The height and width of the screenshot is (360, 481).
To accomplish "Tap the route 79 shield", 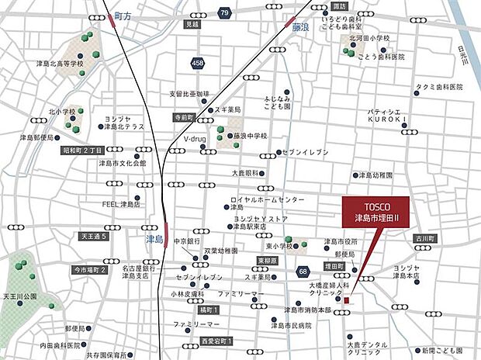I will [x=224, y=13].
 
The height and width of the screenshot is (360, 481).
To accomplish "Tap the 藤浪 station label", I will [x=302, y=26].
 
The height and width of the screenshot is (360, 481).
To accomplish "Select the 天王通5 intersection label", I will [x=91, y=236].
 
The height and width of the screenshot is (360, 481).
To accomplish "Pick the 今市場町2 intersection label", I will [x=90, y=269].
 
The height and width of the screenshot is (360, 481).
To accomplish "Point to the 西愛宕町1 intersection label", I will [x=216, y=341].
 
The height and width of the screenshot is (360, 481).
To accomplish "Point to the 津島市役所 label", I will [x=341, y=241].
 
